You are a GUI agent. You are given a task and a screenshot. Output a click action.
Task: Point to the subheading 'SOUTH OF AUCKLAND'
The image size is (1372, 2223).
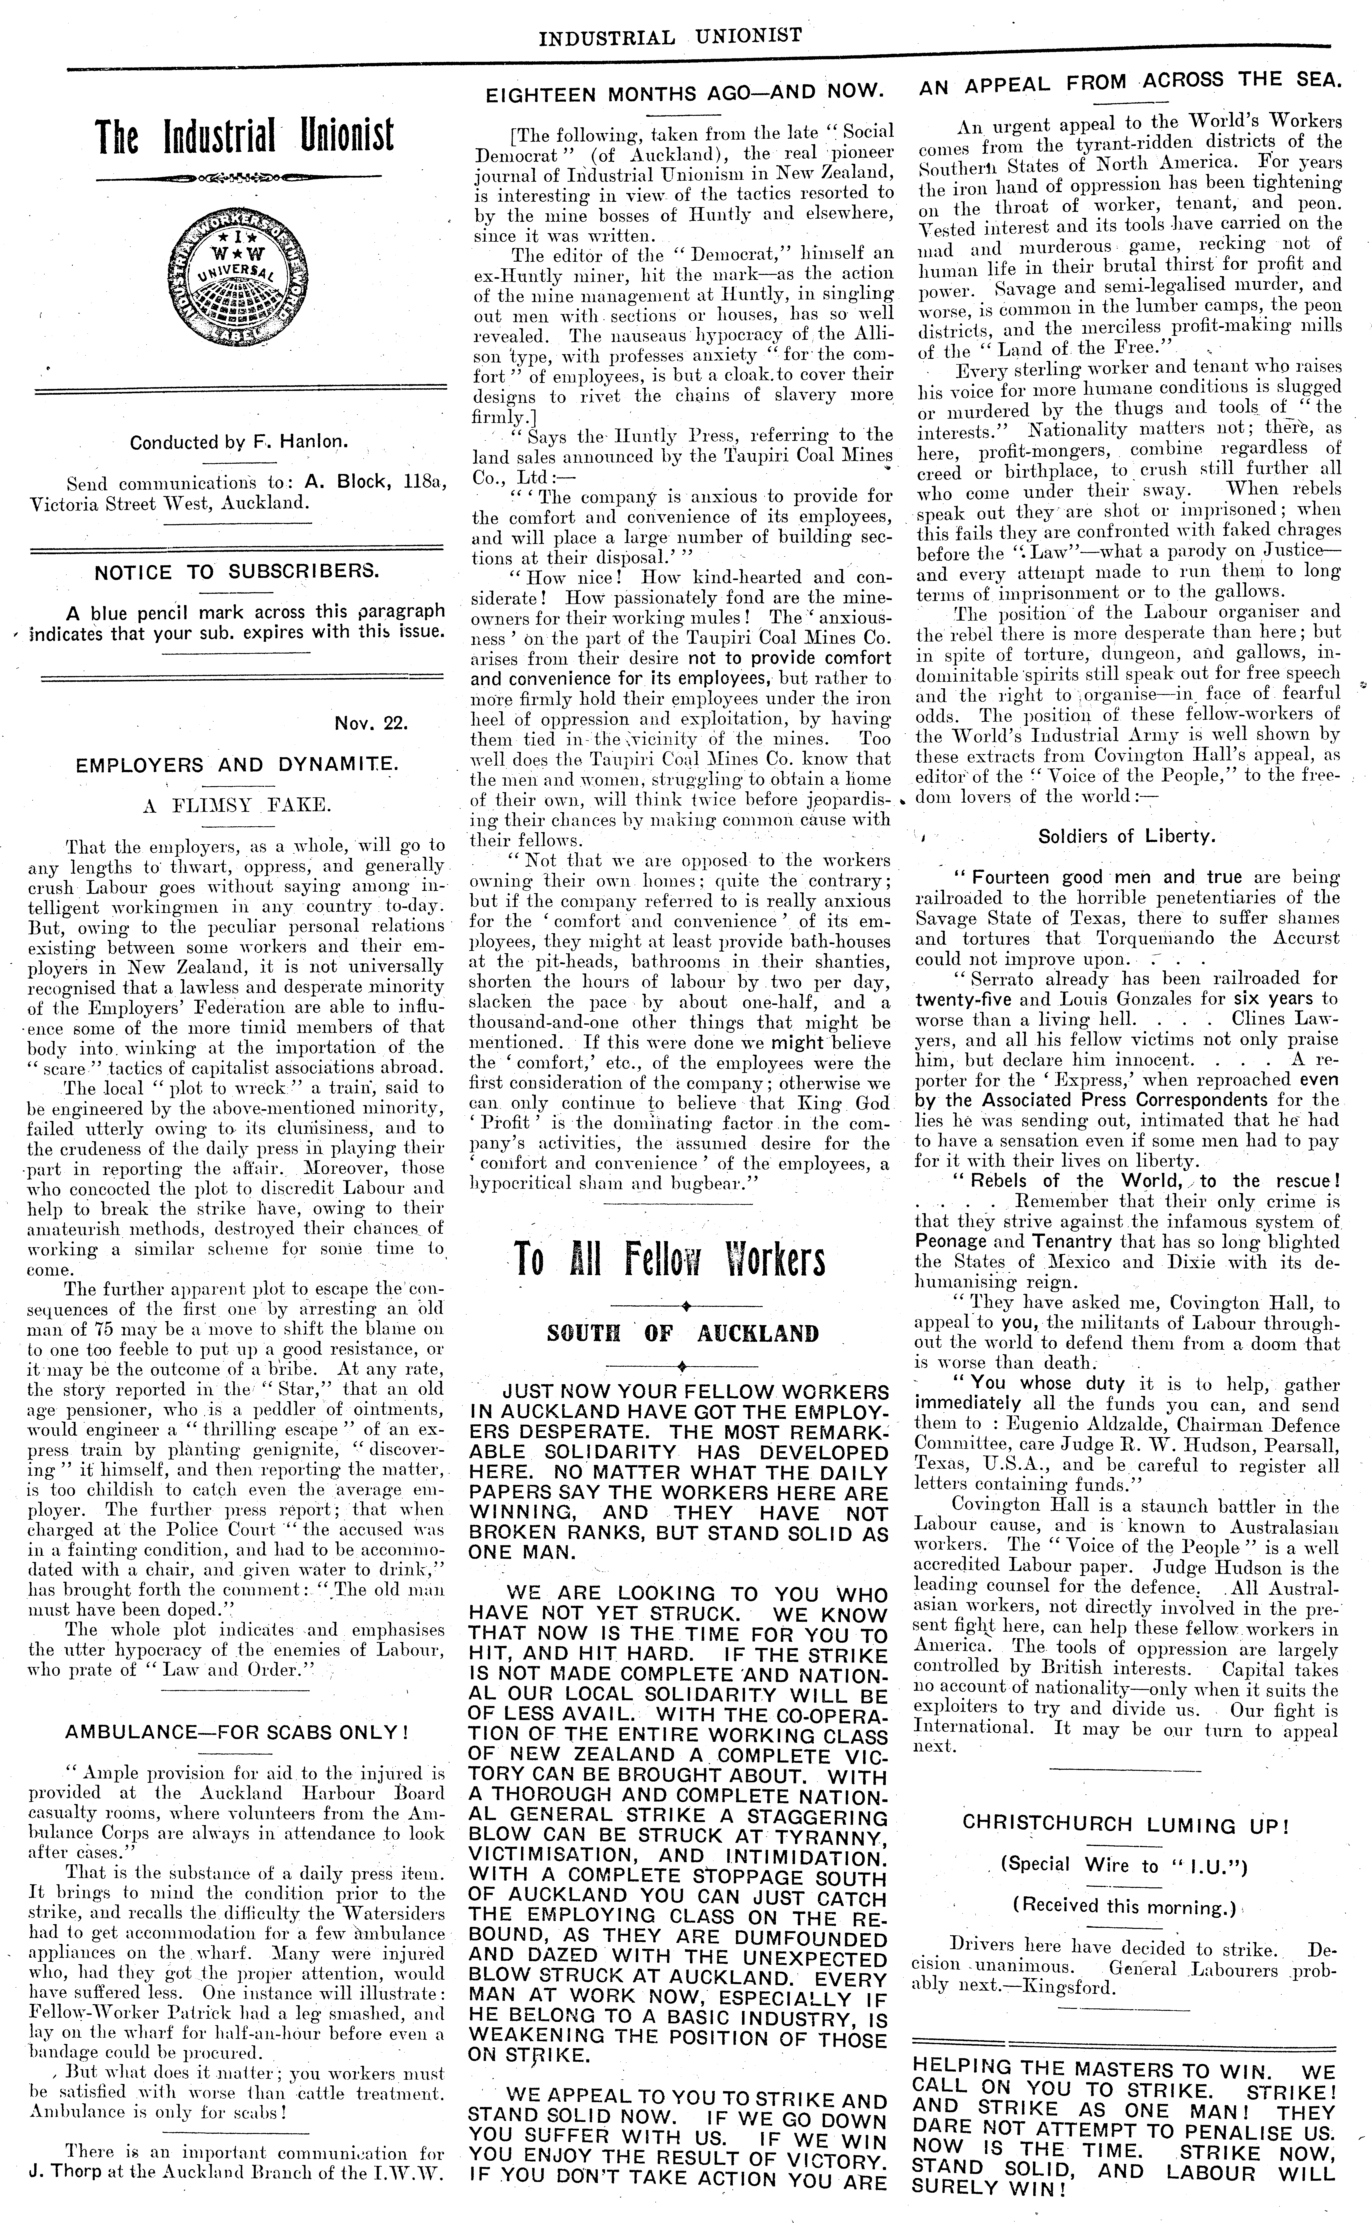[x=682, y=1333]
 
